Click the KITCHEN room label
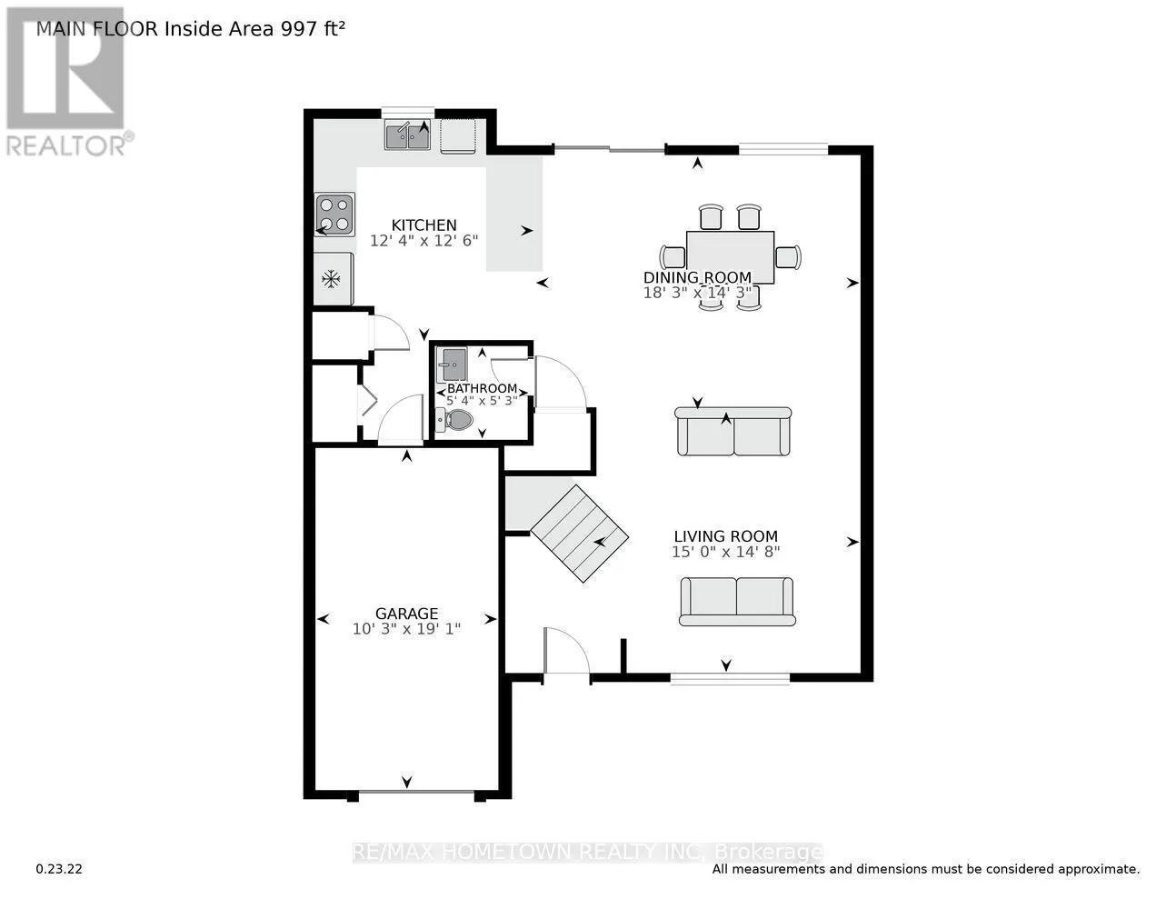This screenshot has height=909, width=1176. pos(424,225)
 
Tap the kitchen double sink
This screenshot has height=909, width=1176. pos(407,136)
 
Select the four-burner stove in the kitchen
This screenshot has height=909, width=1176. pos(334,215)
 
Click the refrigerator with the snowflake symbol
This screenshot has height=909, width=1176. pos(333,279)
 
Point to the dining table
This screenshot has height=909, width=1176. pos(730,257)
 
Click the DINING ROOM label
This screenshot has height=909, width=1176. pos(697,278)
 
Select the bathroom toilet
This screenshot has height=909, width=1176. pos(455,420)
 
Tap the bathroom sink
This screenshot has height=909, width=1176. pos(451,365)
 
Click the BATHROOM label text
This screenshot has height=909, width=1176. pos(482,388)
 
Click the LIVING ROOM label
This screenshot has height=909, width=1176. pos(725,536)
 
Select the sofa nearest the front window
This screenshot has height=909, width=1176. pos(736,601)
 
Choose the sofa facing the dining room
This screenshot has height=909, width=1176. pos(733,432)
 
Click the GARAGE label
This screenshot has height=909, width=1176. pos(406,614)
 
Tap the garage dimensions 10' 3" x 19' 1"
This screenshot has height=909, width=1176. pos(406,629)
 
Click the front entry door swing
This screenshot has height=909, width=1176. pos(565,651)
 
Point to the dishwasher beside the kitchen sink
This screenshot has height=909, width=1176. pos(458,136)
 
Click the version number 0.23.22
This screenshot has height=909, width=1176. pos(59,869)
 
